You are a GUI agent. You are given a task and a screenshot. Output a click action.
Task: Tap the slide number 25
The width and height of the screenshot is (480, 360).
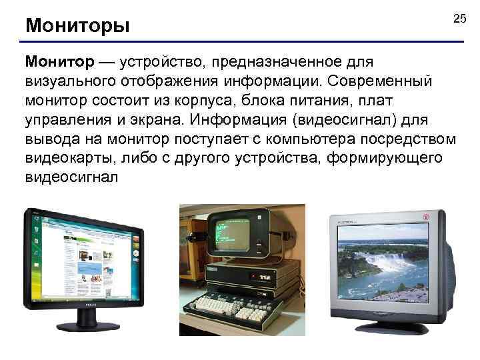(459, 19)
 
